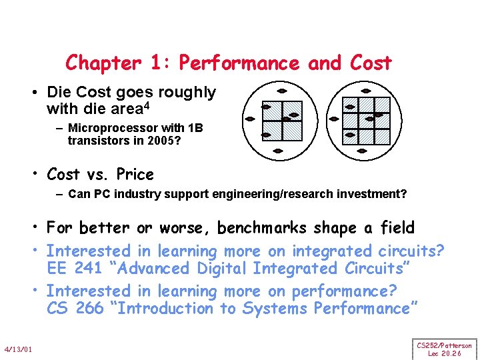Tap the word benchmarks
coord(263,228)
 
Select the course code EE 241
coord(73,269)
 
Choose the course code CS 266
coord(75,309)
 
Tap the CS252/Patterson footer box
coord(445,349)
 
